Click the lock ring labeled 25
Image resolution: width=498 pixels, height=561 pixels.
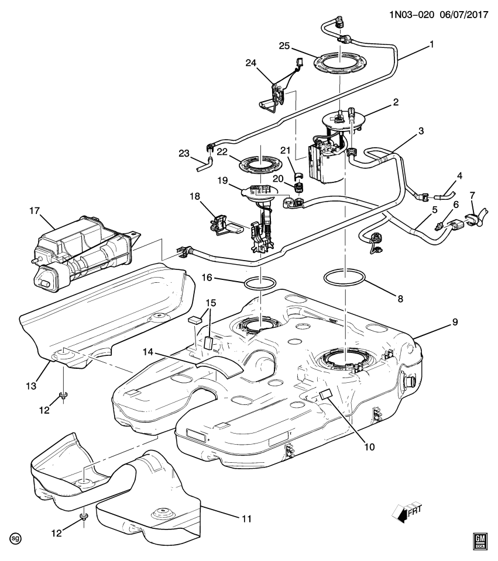click(x=339, y=64)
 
